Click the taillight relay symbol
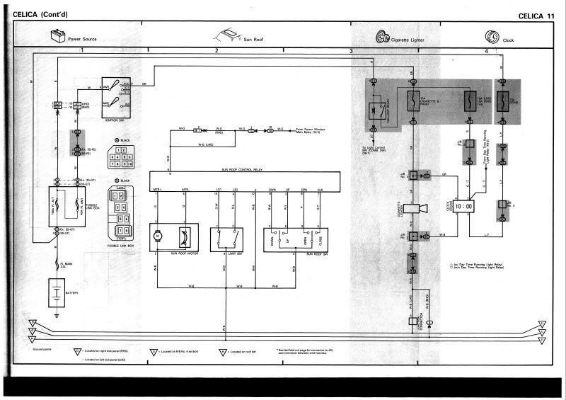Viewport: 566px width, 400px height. (x=375, y=110)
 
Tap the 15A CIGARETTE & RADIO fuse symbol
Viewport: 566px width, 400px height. (x=413, y=103)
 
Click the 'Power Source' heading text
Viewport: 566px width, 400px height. (x=82, y=39)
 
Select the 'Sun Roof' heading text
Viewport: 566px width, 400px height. (x=253, y=40)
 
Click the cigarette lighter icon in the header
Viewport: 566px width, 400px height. (x=382, y=37)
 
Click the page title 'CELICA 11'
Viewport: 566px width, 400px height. (x=536, y=16)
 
